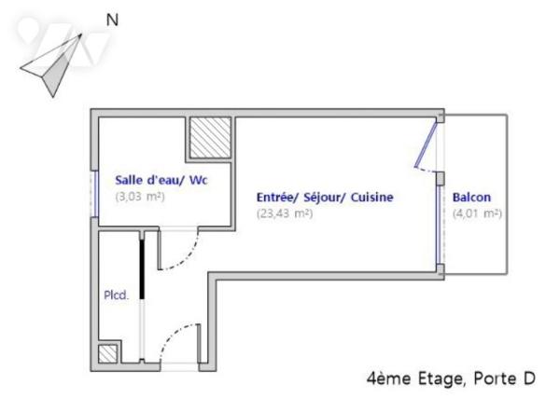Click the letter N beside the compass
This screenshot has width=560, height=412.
(112, 19)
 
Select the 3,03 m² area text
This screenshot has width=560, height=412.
(140, 197)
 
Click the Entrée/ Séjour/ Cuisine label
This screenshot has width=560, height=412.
(325, 198)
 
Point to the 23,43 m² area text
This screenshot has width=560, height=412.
(285, 213)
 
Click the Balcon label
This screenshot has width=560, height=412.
(471, 198)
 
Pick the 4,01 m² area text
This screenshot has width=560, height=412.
(477, 213)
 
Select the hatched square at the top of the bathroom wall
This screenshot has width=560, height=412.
(210, 138)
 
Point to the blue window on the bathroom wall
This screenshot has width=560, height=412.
(95, 194)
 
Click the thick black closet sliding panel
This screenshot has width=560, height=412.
(142, 266)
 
